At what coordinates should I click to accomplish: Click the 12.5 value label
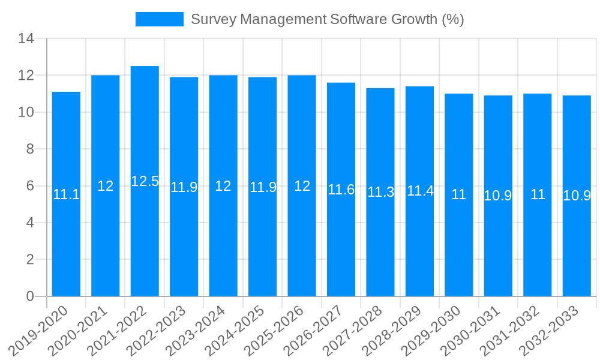coord(145,181)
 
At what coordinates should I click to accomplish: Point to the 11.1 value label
coord(66,194)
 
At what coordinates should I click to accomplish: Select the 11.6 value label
coord(341,190)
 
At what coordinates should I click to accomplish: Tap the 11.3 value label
coord(380,192)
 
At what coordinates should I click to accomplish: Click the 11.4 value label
coord(420,191)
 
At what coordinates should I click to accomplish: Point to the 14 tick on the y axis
coord(26,39)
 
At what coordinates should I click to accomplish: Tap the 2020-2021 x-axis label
coord(78,329)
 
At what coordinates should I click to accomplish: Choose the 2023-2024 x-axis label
coord(196,329)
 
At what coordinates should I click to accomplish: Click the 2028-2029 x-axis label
coord(392,329)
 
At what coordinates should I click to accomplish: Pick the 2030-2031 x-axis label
coord(470,329)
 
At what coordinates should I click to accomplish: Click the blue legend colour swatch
coord(159,19)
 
